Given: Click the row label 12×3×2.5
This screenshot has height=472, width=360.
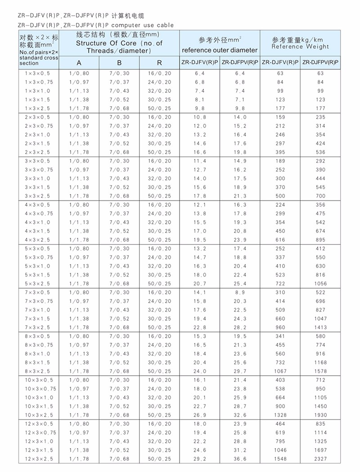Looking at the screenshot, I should click(x=39, y=458).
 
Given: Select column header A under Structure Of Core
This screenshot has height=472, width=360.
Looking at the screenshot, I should click(x=79, y=63).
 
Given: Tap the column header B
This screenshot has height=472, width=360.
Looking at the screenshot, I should click(x=119, y=63).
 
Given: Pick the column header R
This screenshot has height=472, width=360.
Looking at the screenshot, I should click(x=160, y=63).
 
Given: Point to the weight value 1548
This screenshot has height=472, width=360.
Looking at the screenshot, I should click(x=281, y=458).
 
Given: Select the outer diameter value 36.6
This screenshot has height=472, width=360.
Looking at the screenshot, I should click(x=240, y=458).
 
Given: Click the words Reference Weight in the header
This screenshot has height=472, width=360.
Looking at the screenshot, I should click(x=301, y=46).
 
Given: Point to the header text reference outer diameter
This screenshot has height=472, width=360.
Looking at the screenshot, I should click(x=220, y=50).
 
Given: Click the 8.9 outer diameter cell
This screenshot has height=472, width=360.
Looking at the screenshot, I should click(x=240, y=292).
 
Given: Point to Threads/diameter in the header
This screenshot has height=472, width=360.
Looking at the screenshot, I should click(x=119, y=51).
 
